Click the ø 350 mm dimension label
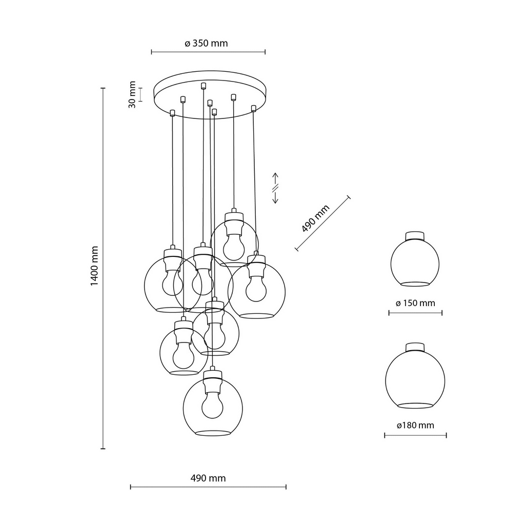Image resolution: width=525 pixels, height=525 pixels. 206,44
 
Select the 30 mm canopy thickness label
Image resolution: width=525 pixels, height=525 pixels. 132,94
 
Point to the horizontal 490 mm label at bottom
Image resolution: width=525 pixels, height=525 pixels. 208,478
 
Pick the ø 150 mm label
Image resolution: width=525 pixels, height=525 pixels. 415,303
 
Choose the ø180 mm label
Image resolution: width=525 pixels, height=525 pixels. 415,426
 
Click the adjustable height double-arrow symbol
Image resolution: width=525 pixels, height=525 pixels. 275,187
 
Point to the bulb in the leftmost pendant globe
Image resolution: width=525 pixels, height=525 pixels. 172,282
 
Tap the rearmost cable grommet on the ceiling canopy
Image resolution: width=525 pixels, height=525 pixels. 204,85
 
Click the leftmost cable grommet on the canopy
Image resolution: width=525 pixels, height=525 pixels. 173,112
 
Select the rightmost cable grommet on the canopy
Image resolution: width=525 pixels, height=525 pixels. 253,108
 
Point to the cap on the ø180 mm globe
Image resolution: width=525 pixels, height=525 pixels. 415,347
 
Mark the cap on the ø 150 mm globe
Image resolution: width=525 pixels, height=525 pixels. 415,235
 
